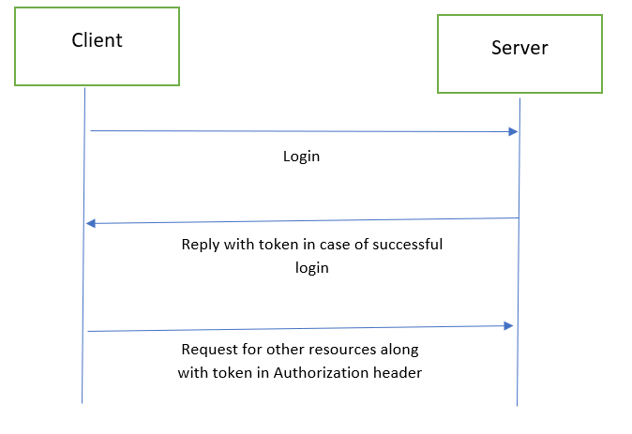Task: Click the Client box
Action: click(x=97, y=47)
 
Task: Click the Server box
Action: click(x=519, y=53)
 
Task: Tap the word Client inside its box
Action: click(x=97, y=40)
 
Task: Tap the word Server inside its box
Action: click(x=519, y=48)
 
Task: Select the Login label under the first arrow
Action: click(x=301, y=157)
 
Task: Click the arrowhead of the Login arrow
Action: click(x=513, y=132)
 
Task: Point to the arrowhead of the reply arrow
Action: click(x=91, y=223)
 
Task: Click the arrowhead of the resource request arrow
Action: click(x=509, y=325)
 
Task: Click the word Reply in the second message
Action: click(x=201, y=246)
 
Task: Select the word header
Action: click(x=401, y=372)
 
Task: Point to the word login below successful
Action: click(x=311, y=268)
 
